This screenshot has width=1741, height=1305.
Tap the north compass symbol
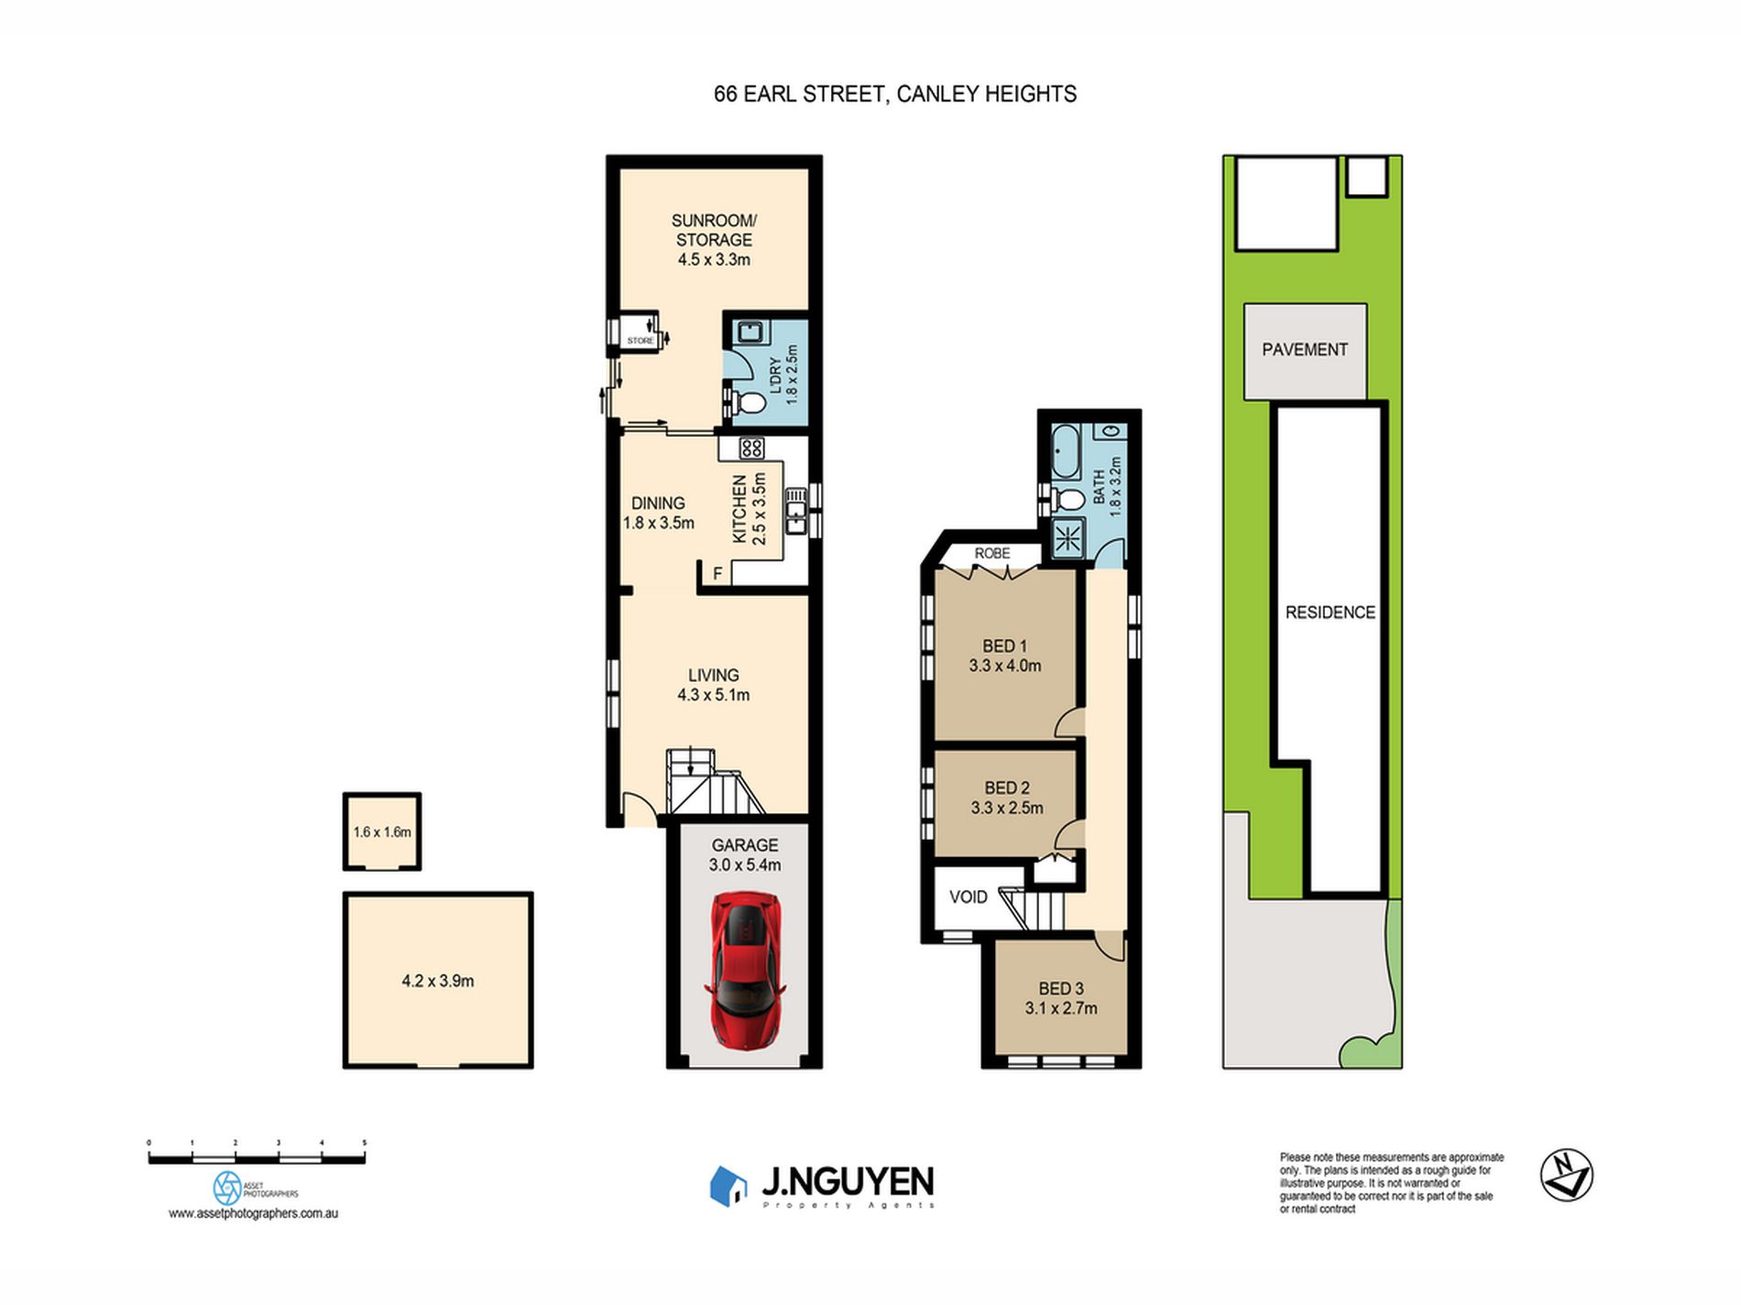click(x=1566, y=1175)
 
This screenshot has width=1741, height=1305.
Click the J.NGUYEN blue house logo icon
click(x=728, y=1185)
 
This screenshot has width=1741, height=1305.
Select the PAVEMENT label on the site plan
click(x=1304, y=350)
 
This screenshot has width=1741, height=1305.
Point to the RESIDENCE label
click(x=1330, y=613)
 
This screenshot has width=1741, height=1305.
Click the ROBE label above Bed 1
click(x=992, y=553)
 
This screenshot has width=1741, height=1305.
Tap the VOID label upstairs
click(x=968, y=897)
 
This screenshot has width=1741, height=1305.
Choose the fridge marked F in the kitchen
click(x=717, y=573)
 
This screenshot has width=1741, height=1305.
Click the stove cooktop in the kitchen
click(x=751, y=448)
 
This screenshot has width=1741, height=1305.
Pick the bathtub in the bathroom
click(x=1066, y=452)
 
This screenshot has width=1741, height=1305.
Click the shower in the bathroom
click(x=1068, y=538)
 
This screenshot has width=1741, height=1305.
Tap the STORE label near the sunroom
click(x=641, y=341)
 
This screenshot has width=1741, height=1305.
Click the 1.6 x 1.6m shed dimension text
click(x=382, y=832)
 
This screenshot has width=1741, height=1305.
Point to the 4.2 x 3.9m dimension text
click(x=438, y=981)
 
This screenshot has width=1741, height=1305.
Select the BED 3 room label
click(x=1061, y=989)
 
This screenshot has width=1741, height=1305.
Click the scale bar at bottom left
click(x=257, y=1158)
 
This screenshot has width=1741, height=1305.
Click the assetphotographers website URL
click(x=253, y=1213)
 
